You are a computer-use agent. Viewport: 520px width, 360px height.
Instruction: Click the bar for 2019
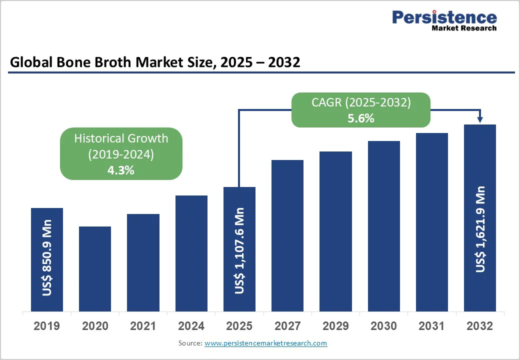coord(47,259)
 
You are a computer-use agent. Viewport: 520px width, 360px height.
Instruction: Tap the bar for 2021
coord(143,262)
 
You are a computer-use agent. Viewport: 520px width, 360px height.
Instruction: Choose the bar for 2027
coord(287,235)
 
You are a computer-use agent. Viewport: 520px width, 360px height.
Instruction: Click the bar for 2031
coord(432,222)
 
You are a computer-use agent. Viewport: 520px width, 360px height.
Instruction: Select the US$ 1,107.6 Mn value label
coord(239,250)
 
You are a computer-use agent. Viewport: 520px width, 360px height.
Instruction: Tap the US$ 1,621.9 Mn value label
coord(480,229)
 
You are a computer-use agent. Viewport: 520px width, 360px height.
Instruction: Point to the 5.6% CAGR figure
coord(360,119)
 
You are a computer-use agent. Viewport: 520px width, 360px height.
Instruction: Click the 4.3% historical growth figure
coord(121,170)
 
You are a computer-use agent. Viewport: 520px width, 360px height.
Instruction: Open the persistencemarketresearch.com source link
coord(265,343)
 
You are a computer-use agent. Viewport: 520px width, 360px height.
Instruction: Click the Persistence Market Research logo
coord(444,20)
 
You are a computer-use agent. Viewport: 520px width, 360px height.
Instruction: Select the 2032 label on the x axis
coord(480,326)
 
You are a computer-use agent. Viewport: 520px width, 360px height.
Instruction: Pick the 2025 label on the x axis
coord(239,326)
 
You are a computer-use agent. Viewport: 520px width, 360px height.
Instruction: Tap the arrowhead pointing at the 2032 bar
coord(480,119)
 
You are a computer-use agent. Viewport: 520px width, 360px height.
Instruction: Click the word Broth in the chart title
coord(87,62)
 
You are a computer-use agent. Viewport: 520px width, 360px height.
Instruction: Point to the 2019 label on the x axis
coord(47,326)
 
